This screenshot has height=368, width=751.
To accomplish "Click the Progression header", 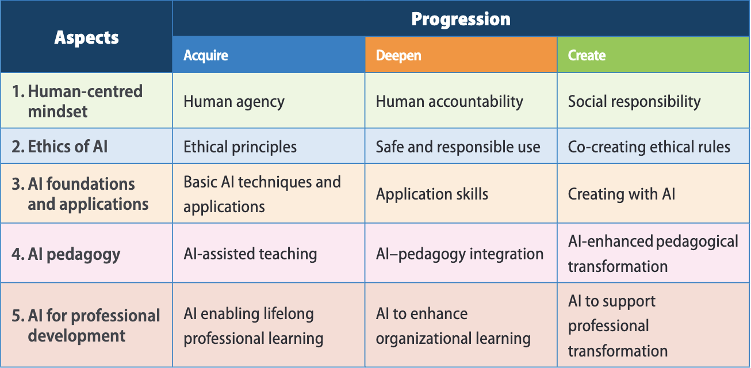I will click(461, 19).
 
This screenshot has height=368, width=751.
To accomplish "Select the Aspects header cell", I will click(86, 37).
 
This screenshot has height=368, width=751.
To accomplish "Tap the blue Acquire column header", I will click(206, 55).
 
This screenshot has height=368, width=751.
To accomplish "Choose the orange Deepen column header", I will click(399, 55).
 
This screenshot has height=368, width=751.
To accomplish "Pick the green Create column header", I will click(587, 55).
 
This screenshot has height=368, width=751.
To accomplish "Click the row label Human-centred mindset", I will click(85, 101).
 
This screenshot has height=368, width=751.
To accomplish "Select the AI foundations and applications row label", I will click(87, 194).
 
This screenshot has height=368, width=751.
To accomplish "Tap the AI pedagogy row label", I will click(74, 254).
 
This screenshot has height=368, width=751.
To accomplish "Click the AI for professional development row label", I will click(93, 325).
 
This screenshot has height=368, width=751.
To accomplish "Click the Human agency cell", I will click(234, 102).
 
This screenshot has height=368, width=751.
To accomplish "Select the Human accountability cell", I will click(449, 102).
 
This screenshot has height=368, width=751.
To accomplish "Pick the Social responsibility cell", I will click(634, 102).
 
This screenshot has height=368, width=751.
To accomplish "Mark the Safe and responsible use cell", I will click(458, 147).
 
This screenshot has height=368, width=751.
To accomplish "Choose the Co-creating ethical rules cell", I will click(649, 147).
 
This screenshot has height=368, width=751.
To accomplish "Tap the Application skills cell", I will click(432, 194).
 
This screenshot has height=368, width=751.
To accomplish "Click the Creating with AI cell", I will click(622, 194).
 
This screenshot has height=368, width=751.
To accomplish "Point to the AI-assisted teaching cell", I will click(250, 254).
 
